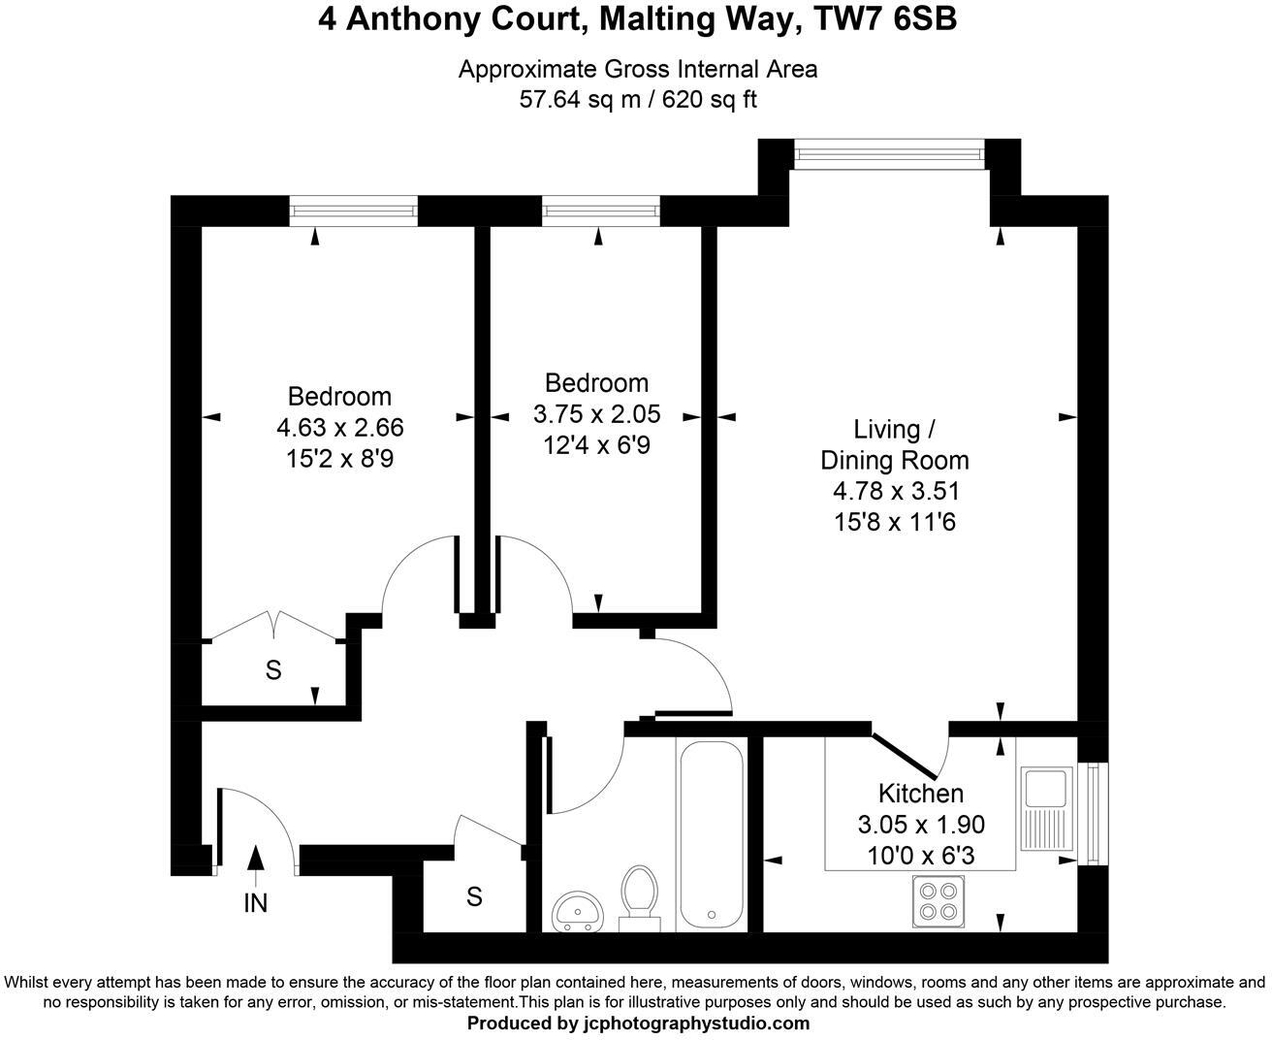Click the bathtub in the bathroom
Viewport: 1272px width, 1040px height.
[711, 834]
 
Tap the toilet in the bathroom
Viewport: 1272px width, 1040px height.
[639, 898]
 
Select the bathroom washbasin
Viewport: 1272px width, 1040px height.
[577, 911]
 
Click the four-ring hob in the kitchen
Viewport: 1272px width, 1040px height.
[938, 901]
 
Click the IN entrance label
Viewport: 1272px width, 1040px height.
[256, 903]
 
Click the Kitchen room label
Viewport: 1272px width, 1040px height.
[921, 794]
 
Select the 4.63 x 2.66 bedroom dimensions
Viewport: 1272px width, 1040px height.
[340, 427]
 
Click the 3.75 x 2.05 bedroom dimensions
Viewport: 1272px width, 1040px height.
[597, 414]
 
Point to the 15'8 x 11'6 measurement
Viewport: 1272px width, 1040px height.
[895, 522]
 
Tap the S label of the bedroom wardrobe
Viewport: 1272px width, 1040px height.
[273, 670]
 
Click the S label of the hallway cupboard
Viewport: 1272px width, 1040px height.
[475, 897]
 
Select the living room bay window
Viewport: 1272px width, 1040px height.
[890, 154]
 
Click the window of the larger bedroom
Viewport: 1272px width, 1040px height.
[354, 211]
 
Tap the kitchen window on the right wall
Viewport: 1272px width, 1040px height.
[1094, 814]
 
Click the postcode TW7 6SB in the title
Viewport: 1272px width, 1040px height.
[885, 19]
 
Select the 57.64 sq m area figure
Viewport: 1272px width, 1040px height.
[580, 99]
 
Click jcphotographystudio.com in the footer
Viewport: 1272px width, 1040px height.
[697, 1024]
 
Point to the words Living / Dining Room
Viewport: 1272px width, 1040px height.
[895, 445]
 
